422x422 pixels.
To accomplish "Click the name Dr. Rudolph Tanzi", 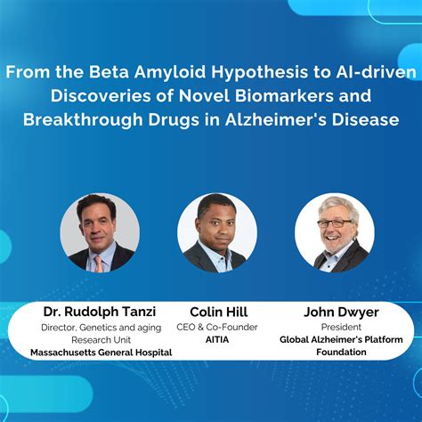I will [100, 312].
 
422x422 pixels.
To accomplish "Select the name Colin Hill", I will [217, 312].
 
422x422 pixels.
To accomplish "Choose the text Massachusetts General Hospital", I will [100, 353].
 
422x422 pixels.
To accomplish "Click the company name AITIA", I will [217, 339].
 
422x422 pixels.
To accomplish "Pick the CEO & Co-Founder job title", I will [217, 327].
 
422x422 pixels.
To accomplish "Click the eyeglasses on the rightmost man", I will [335, 222].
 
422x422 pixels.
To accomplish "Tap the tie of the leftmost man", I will [99, 261].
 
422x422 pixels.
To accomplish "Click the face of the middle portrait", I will [217, 226].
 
